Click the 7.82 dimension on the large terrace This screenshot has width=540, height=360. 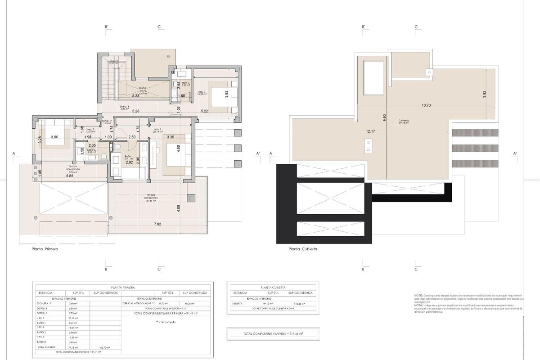157,224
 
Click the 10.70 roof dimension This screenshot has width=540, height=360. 427,105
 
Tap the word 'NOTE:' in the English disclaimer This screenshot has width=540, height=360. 418,295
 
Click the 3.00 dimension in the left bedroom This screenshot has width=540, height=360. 54,137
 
